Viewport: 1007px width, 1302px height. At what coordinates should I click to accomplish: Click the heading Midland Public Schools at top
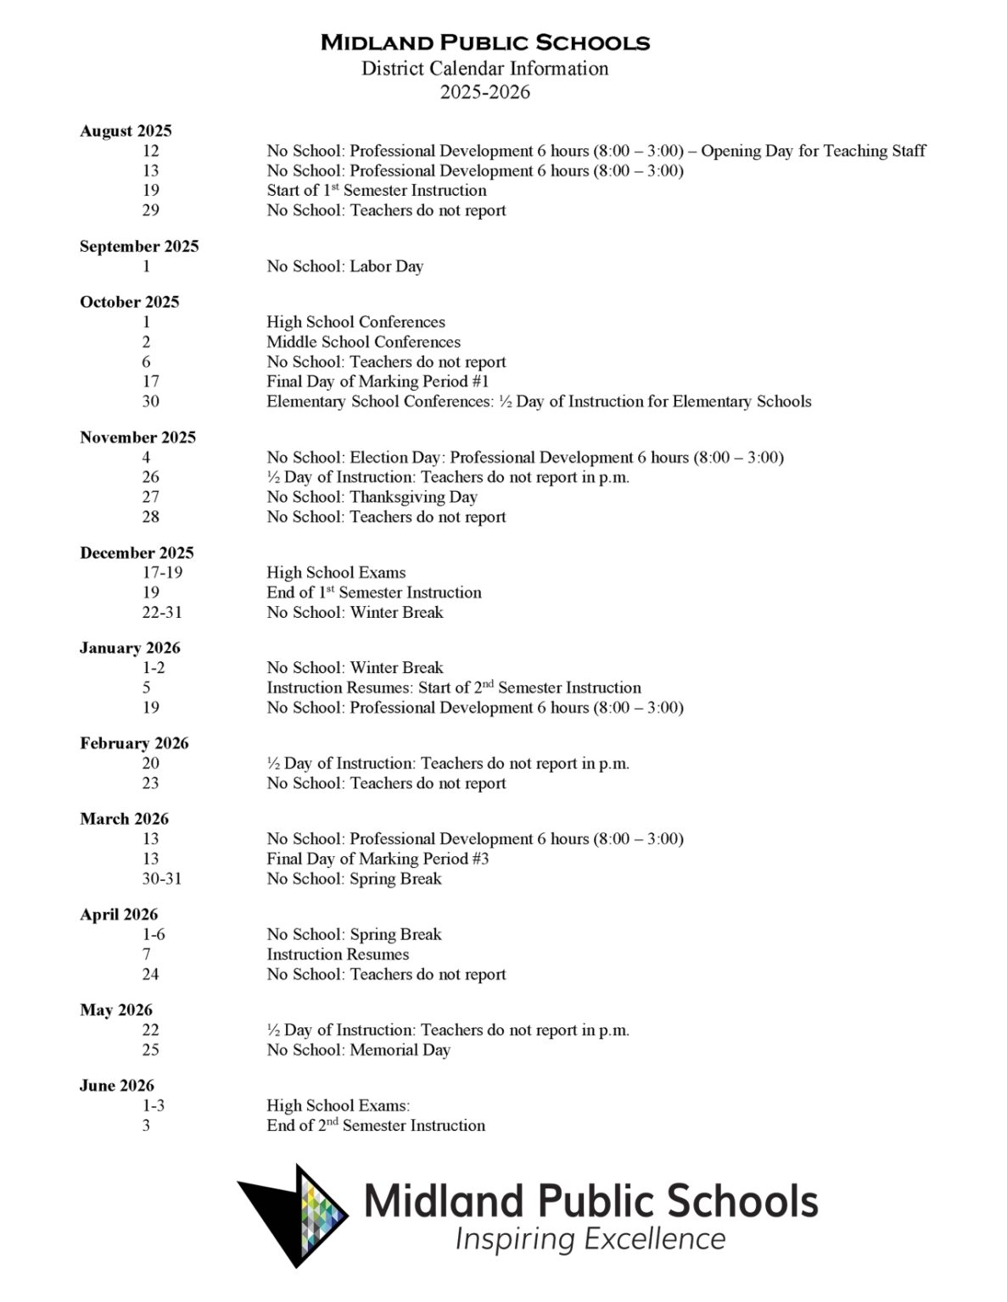(x=484, y=42)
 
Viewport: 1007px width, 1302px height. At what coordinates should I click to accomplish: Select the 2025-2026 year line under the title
(x=484, y=92)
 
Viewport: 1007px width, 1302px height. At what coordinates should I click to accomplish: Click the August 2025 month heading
(x=126, y=131)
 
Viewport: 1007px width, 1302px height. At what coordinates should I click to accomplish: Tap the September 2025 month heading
(x=139, y=246)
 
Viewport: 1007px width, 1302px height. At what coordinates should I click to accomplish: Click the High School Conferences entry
(x=355, y=322)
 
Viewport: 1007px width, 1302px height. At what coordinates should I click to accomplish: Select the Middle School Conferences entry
(x=363, y=342)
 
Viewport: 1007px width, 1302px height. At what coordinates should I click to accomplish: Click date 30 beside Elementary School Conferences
(x=150, y=401)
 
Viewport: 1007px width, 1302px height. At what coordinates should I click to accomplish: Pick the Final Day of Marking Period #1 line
(x=378, y=381)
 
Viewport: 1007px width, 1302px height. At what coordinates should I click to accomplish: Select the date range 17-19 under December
(x=162, y=572)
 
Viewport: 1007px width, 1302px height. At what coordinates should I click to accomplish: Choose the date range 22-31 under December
(x=162, y=612)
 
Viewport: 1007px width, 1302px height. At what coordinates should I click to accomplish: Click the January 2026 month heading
(x=130, y=648)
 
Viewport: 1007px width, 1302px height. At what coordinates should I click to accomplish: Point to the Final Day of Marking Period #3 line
(x=378, y=859)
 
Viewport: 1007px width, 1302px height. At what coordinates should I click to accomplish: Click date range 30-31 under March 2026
(x=161, y=878)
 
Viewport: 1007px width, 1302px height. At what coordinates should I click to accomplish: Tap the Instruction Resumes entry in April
(x=338, y=954)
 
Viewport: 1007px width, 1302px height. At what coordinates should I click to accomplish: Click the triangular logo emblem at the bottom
(x=294, y=1214)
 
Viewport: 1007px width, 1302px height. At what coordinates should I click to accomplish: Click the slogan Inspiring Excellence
(x=590, y=1239)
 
